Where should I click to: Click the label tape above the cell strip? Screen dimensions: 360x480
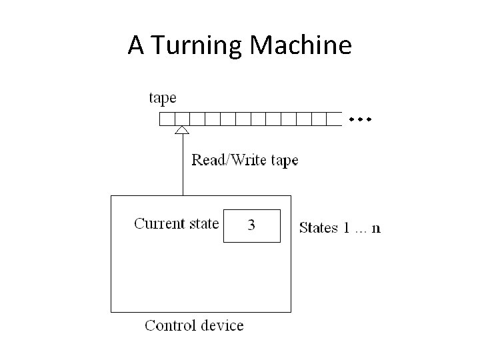pos(162,98)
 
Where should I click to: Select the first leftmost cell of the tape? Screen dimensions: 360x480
pos(166,119)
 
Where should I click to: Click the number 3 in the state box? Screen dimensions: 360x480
pos(251,225)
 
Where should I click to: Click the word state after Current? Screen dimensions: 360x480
pos(202,223)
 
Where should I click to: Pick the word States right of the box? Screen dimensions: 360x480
pos(319,228)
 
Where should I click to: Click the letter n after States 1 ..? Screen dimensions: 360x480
pos(377,229)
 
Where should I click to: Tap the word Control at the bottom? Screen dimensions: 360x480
pos(169,325)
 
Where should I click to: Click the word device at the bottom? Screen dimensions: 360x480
pos(222,325)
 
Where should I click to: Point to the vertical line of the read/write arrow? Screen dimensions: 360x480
pos(181,167)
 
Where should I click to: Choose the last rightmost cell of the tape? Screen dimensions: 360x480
pos(335,119)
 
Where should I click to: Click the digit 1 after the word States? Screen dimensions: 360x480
pos(347,228)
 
